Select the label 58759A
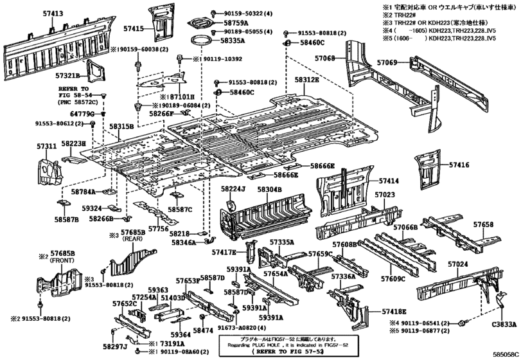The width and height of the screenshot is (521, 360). [x=237, y=22]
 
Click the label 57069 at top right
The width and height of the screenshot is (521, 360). [x=387, y=62]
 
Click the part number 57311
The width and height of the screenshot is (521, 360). [x=46, y=147]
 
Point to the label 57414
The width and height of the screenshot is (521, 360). [x=388, y=182]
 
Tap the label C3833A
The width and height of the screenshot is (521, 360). [x=504, y=325]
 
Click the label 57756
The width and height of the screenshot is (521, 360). [x=158, y=228]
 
